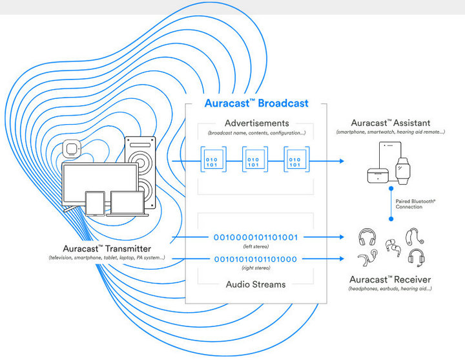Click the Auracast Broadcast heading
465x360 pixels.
pyautogui.click(x=256, y=103)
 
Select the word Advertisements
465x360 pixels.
pyautogui.click(x=256, y=123)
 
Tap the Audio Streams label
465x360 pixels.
pyautogui.click(x=256, y=284)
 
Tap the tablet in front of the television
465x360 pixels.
pyautogui.click(x=94, y=203)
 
